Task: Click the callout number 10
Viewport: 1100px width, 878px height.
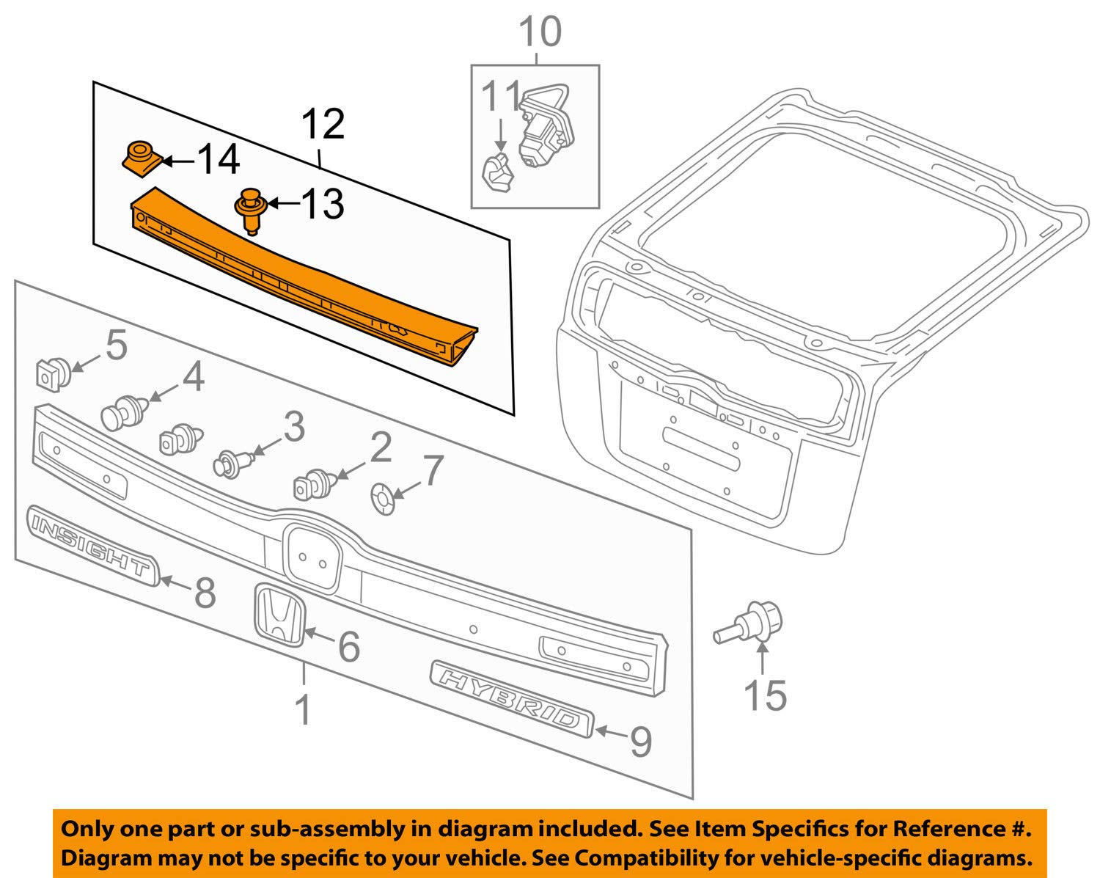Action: point(540,32)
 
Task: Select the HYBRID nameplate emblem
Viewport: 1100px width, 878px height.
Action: point(511,698)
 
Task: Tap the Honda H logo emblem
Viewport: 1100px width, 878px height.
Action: point(278,615)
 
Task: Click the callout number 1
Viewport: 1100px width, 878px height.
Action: point(303,711)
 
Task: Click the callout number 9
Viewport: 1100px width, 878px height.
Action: point(640,741)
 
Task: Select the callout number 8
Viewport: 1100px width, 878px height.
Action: point(205,592)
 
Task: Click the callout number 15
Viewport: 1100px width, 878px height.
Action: point(765,695)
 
